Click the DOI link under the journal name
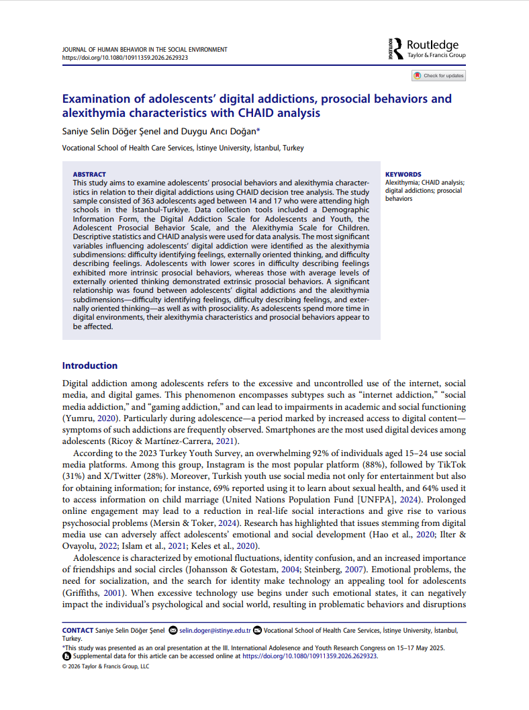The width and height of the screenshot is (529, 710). click(x=125, y=58)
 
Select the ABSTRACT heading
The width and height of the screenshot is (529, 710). click(x=89, y=175)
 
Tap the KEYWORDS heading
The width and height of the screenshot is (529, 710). click(x=403, y=175)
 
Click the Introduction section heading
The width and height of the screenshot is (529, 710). click(x=90, y=365)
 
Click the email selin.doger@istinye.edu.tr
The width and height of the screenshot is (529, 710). click(x=215, y=631)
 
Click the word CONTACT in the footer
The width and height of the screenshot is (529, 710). click(x=78, y=631)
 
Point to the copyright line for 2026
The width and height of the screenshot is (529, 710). click(x=105, y=666)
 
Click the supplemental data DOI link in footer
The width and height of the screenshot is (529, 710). click(x=309, y=656)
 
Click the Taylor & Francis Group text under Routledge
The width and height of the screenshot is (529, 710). click(x=436, y=55)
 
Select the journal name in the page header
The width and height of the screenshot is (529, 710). click(x=144, y=50)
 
